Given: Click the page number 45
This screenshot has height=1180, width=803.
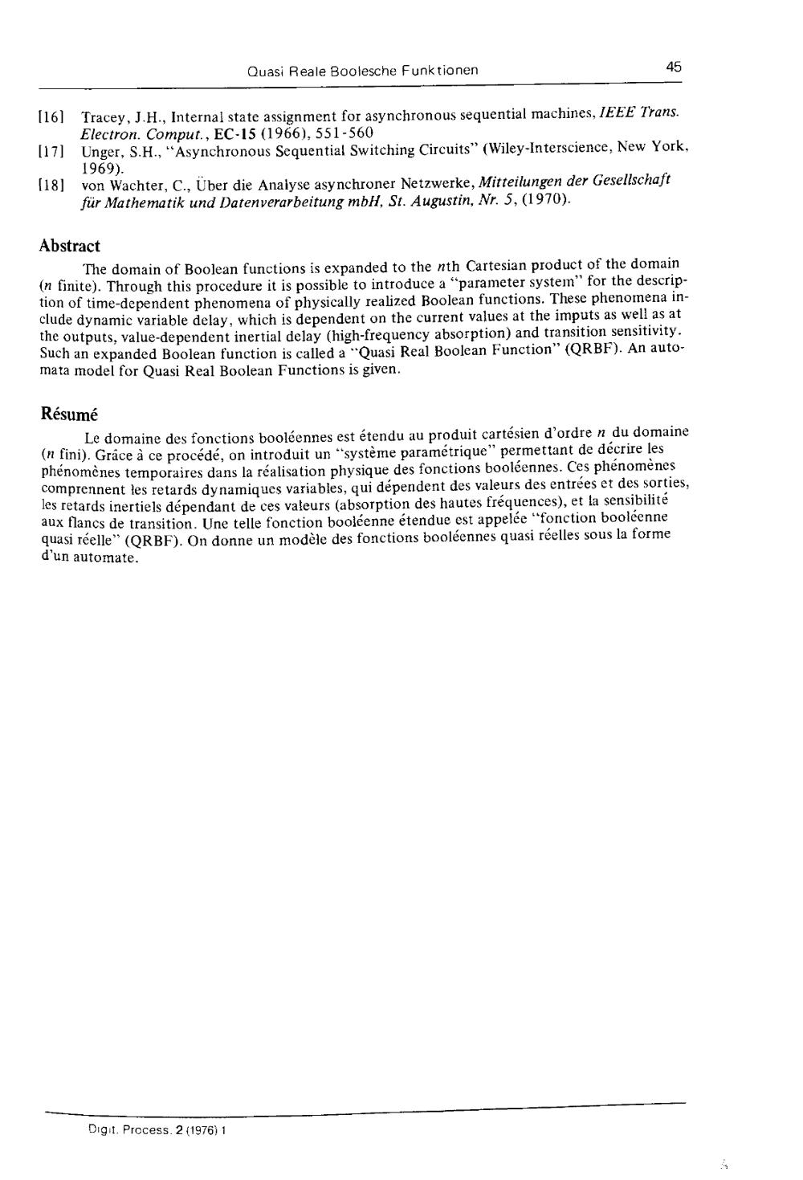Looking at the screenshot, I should [673, 67].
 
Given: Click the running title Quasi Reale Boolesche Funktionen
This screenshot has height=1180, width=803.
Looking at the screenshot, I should [363, 70].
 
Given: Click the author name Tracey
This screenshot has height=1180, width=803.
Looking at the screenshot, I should [100, 116].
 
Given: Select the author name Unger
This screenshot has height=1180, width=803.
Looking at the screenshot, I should [99, 151].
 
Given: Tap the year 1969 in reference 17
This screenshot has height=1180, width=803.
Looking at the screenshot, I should [100, 168].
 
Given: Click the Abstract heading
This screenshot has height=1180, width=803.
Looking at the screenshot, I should [70, 246].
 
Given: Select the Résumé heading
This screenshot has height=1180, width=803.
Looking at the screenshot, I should [69, 414].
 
